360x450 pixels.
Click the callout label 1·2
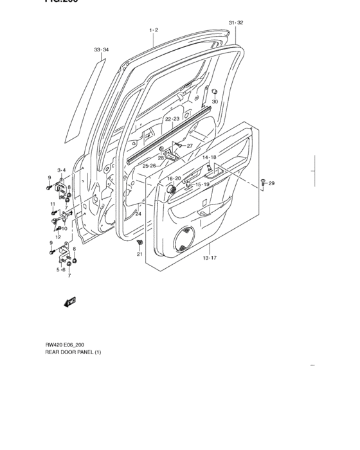click(x=154, y=30)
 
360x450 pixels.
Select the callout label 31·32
click(x=236, y=23)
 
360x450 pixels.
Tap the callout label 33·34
click(x=101, y=50)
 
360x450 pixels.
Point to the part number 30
click(x=215, y=102)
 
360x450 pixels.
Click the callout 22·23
click(x=172, y=120)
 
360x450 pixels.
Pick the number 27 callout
click(x=190, y=146)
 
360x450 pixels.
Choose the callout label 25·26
click(x=149, y=166)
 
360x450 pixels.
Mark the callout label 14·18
click(x=210, y=157)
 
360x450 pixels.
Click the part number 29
click(x=271, y=184)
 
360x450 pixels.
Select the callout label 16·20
click(x=174, y=178)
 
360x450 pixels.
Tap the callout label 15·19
click(x=203, y=185)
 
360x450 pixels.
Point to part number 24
click(x=138, y=214)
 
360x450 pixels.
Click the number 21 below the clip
click(x=139, y=255)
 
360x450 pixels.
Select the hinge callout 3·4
click(x=61, y=170)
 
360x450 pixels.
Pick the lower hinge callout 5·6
click(x=61, y=270)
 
